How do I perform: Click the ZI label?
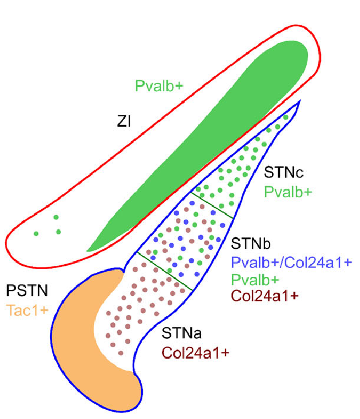124,121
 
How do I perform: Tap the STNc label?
284,172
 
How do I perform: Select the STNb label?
251,243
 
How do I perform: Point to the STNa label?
181,333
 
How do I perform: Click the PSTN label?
27,290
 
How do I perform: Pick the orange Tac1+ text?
27,310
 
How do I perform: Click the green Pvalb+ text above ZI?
159,86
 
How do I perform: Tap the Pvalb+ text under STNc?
288,192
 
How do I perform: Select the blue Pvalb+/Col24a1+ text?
291,262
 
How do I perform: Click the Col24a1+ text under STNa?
196,353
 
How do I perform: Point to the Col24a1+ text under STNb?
265,296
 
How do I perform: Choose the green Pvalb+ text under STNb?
255,280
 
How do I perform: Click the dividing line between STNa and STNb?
164,271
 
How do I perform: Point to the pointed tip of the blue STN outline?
300,100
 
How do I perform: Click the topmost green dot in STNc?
286,118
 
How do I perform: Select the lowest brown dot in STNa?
120,353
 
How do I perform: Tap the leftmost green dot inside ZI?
36,234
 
